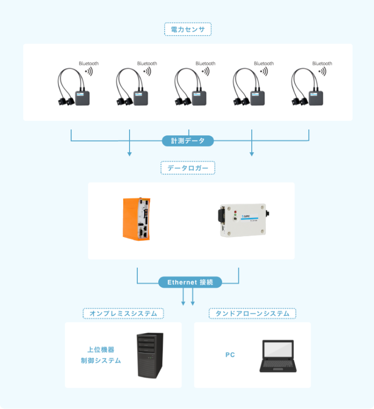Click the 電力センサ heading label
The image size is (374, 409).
coord(187,30)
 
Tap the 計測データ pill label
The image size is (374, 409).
coord(187,141)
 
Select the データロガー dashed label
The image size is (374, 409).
coord(187,168)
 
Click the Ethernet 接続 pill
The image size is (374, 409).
coord(190,282)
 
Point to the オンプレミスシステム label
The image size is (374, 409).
coord(123,314)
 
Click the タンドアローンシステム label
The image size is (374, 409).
coord(252,314)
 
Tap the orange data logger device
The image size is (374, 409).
coord(136,219)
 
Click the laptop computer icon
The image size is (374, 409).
coord(278,355)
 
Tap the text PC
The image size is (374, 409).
coord(230,355)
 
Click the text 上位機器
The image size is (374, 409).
coord(101,350)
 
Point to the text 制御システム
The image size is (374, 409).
coord(101,361)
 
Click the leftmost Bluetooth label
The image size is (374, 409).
coord(89,63)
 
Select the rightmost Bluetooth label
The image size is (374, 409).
coord(322,63)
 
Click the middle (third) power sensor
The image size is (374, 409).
coord(191,89)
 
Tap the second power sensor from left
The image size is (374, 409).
coord(132,89)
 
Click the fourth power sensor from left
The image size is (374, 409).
coord(249,89)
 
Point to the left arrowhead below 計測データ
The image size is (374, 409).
coord(130,154)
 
